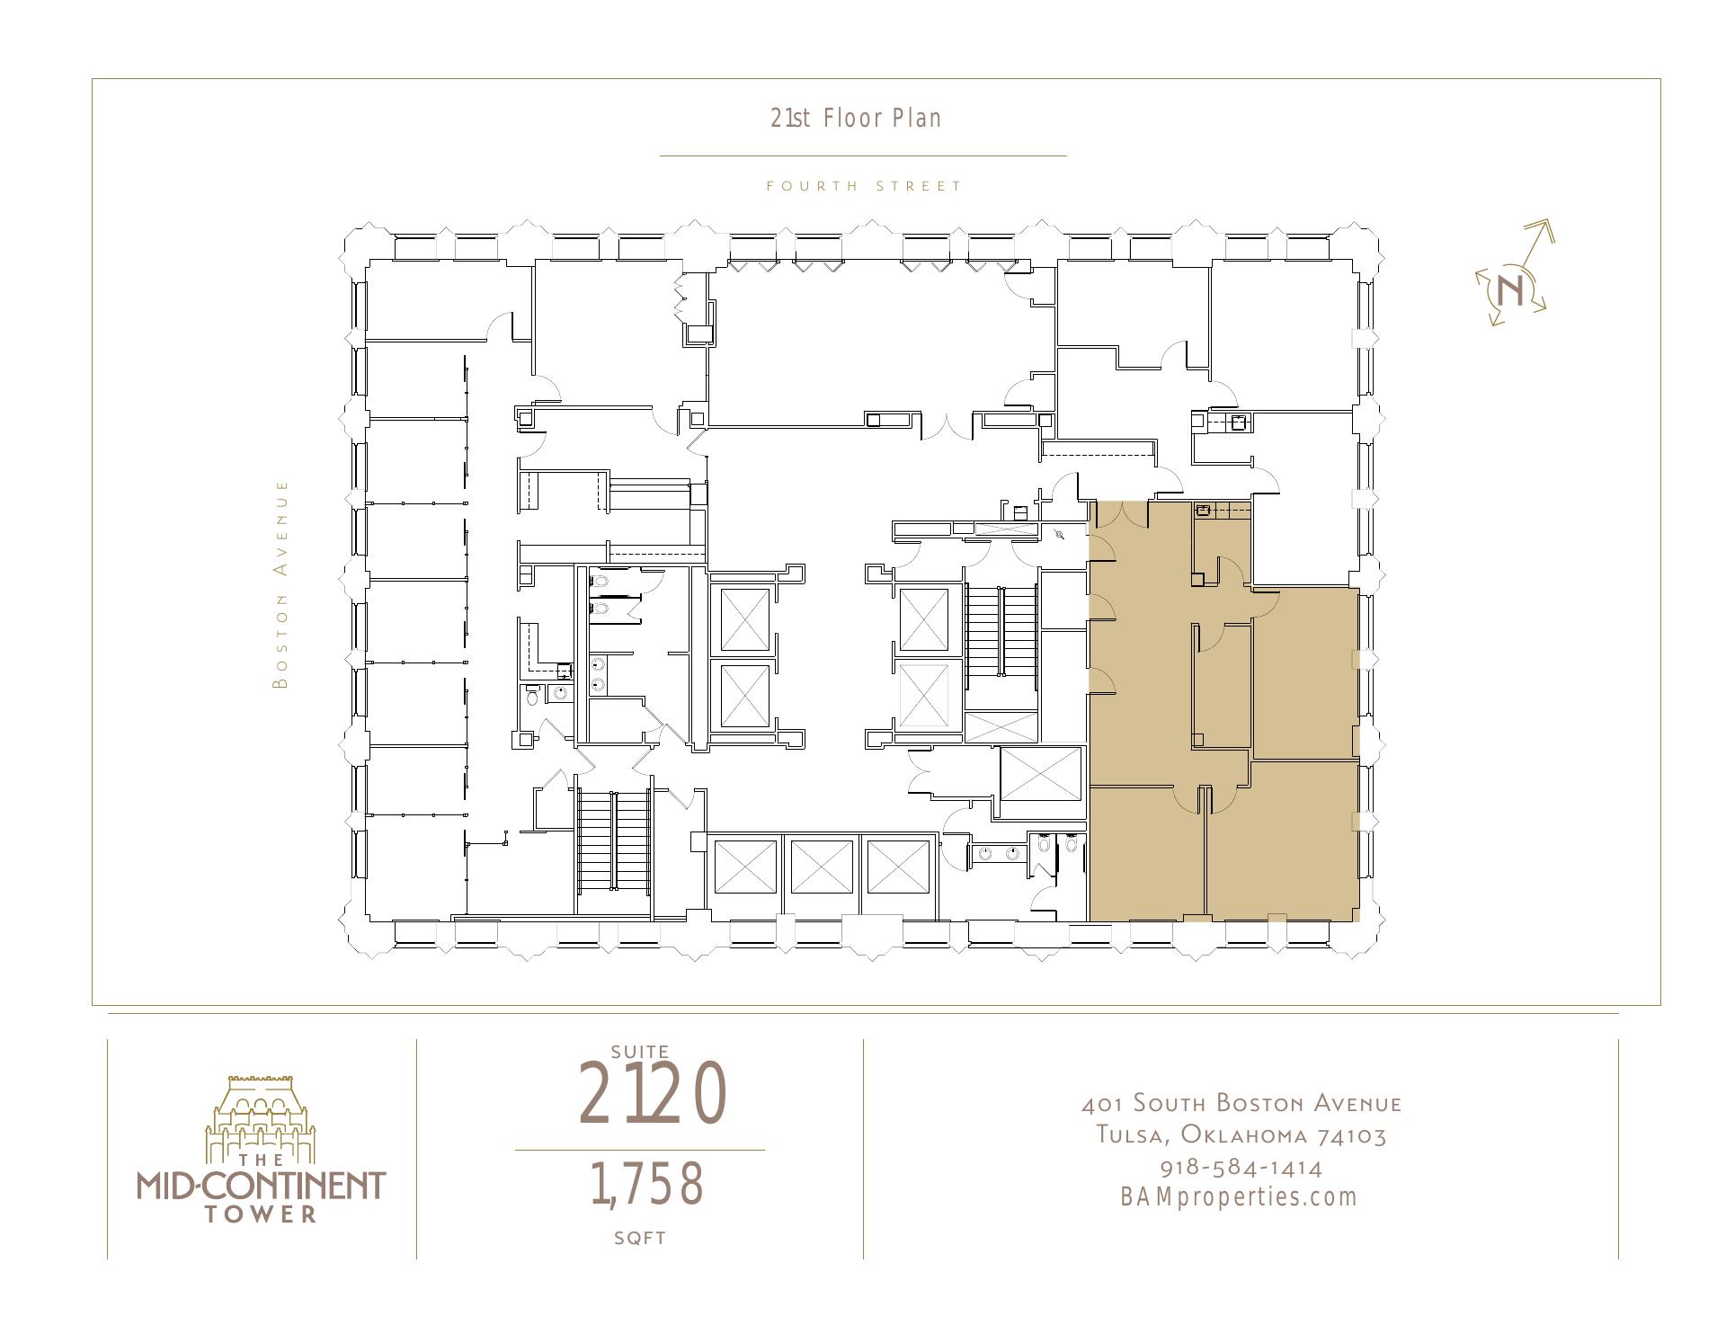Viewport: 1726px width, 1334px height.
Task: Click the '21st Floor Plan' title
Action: coord(856,119)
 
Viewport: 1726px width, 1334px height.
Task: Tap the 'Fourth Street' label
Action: coord(864,186)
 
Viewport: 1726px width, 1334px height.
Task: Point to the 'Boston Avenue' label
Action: coord(282,584)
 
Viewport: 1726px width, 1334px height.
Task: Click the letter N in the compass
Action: coord(1511,289)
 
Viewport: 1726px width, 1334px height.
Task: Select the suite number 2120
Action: coord(652,1093)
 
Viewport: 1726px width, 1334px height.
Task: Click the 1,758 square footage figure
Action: coord(646,1184)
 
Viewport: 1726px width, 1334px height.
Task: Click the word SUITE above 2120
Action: coord(640,1051)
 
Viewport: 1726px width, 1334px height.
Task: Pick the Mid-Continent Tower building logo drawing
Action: coord(261,1117)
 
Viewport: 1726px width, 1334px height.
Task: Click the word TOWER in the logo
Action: coord(261,1214)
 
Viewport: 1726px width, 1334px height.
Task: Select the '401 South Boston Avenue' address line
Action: coord(1241,1103)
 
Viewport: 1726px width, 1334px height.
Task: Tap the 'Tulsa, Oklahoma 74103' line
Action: coord(1241,1135)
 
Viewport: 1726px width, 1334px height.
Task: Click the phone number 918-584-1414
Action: coord(1241,1168)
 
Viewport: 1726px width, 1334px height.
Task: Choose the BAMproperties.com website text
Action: coord(1239,1197)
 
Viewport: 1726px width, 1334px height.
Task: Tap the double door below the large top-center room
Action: coord(946,426)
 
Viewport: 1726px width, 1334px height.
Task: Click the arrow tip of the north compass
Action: coord(1554,223)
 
